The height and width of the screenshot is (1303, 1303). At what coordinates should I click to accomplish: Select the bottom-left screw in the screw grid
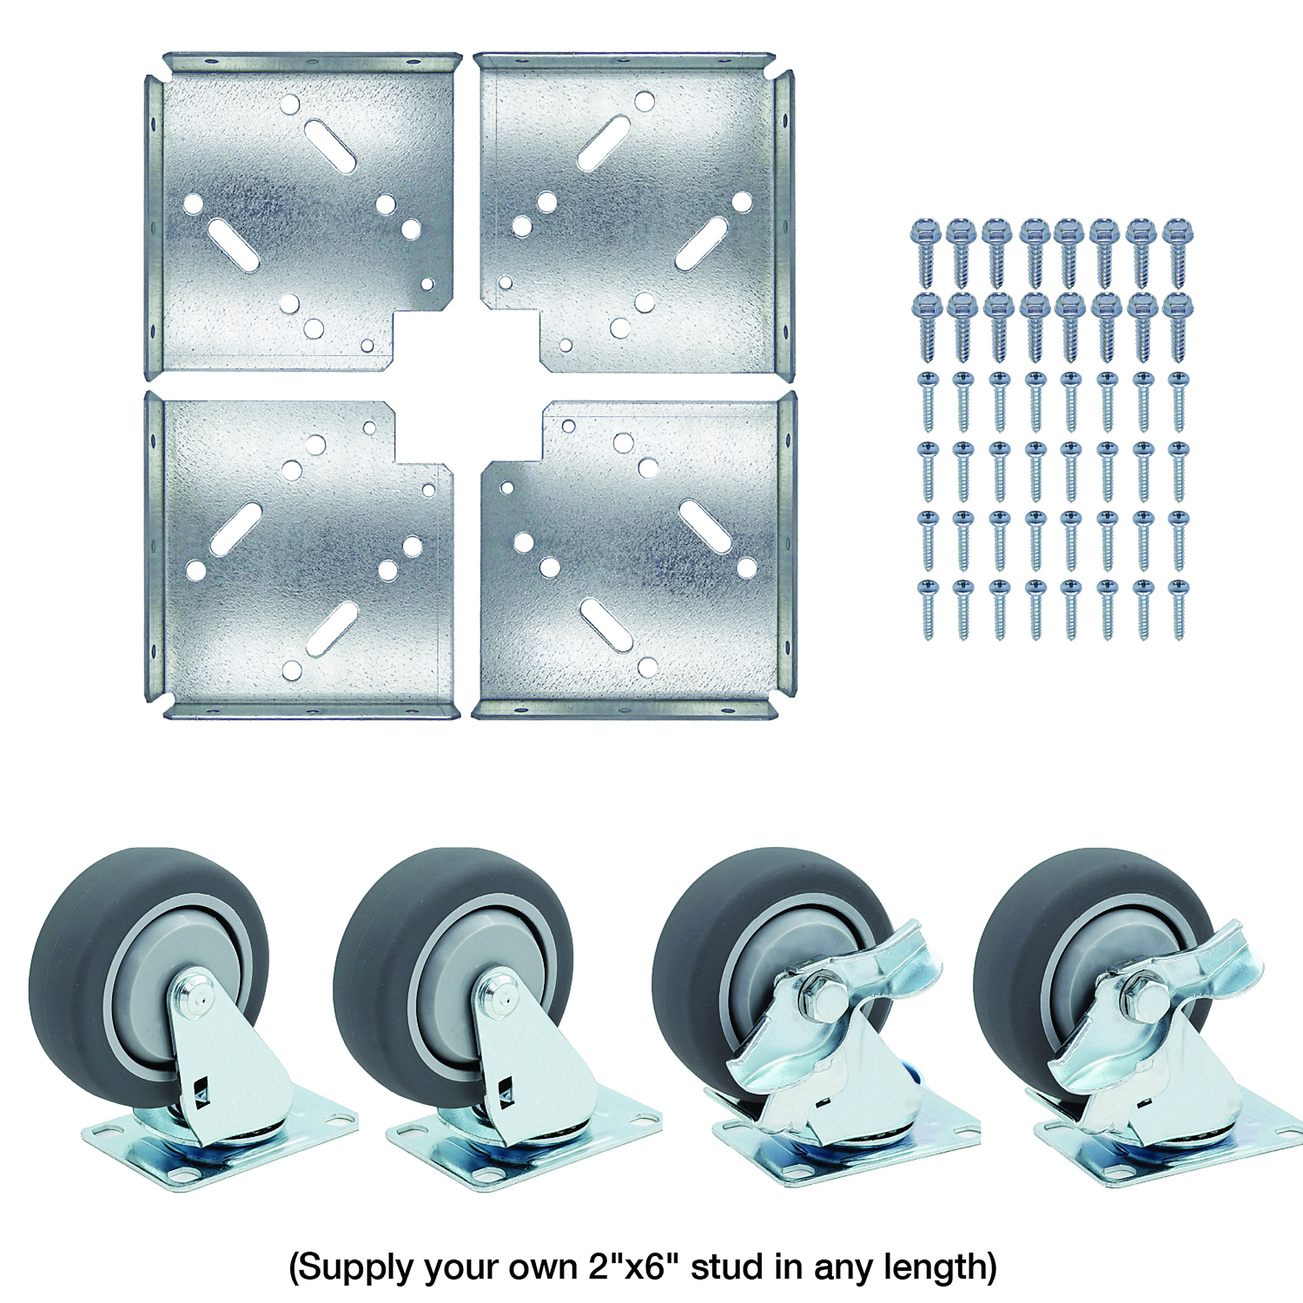927,610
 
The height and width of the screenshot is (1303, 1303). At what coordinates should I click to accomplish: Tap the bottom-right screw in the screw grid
1178,610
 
